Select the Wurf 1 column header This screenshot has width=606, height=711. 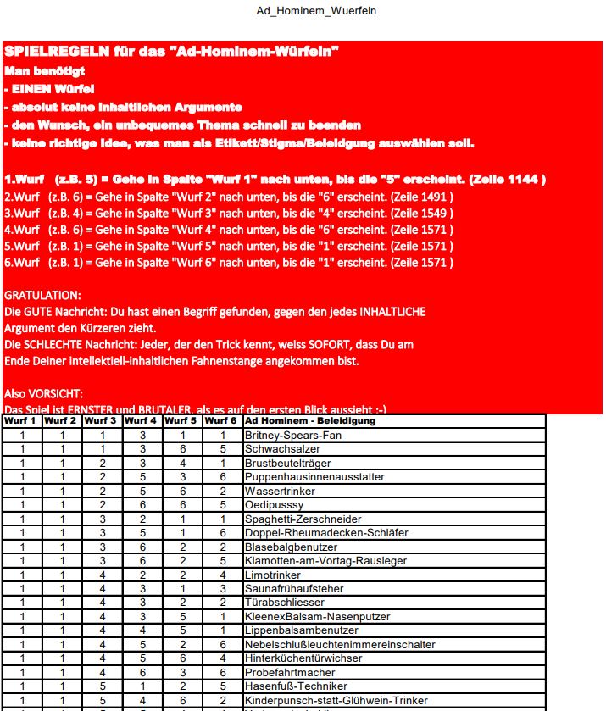coord(21,421)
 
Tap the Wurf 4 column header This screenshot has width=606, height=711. coord(142,421)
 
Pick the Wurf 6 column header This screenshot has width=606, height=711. coord(221,421)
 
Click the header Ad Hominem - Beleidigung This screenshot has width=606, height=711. coord(309,421)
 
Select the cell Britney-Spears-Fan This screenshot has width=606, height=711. coord(288,436)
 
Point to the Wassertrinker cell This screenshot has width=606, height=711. coord(280,491)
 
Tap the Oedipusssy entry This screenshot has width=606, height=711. coord(275,505)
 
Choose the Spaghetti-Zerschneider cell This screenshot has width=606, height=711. coord(303,519)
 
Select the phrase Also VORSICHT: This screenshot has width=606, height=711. coord(44,394)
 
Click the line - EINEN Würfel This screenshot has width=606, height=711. coord(48,89)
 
